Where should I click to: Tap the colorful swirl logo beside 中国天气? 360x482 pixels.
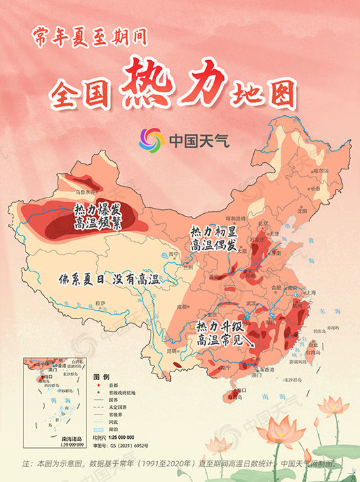pyautogui.click(x=152, y=139)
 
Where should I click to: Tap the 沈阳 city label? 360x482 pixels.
pyautogui.click(x=301, y=211)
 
